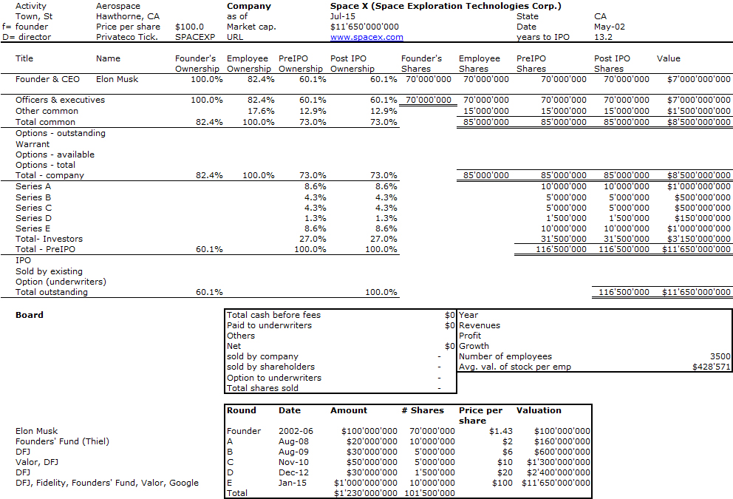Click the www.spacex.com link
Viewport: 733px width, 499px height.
[x=366, y=37]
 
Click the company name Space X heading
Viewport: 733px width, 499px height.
[x=446, y=6]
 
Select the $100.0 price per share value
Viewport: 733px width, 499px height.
[x=189, y=27]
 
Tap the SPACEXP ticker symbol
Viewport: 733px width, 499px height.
[x=195, y=37]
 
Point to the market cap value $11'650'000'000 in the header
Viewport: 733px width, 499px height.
[x=364, y=27]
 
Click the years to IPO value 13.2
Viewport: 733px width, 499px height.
[x=603, y=37]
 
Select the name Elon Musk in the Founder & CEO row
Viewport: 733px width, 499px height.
[x=117, y=79]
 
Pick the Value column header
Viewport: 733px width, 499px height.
[x=668, y=58]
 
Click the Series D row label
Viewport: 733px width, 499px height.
[x=34, y=218]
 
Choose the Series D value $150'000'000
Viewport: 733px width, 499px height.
[x=702, y=218]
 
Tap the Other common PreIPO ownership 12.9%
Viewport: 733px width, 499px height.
[x=313, y=111]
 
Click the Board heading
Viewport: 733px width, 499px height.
[x=30, y=315]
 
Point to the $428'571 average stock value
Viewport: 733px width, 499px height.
[x=711, y=367]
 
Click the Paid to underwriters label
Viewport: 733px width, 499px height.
[x=269, y=325]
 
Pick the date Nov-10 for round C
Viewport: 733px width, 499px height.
[x=293, y=462]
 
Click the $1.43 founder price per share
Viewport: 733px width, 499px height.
[x=501, y=431]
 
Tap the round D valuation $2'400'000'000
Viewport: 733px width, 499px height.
[x=558, y=472]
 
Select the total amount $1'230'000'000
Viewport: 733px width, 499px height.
[x=366, y=493]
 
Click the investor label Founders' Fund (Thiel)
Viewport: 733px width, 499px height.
[x=62, y=441]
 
